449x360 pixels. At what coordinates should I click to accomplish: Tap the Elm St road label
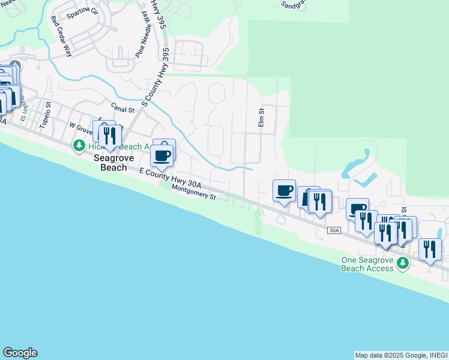pos(261,118)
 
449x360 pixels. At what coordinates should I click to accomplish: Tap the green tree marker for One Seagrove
pos(403,263)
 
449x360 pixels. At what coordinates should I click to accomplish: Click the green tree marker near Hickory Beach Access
pos(79,146)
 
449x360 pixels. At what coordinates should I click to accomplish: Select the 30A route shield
pos(334,230)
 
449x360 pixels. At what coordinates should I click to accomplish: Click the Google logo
pos(20,353)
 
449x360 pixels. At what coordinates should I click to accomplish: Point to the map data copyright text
pos(400,355)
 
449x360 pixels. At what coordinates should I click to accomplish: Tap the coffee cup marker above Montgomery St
pos(163,155)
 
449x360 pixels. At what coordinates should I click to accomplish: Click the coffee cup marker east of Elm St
pos(285,191)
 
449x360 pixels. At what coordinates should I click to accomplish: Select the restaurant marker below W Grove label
pos(109,135)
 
